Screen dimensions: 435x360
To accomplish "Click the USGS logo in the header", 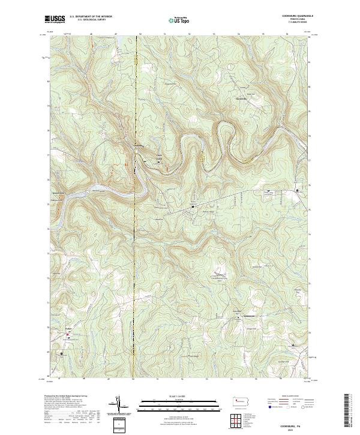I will pyautogui.click(x=55, y=19).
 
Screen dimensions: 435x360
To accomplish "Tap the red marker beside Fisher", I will pyautogui.click(x=67, y=334).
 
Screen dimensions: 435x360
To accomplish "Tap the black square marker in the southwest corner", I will pyautogui.click(x=61, y=353).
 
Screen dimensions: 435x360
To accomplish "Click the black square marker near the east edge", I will pyautogui.click(x=298, y=191).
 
